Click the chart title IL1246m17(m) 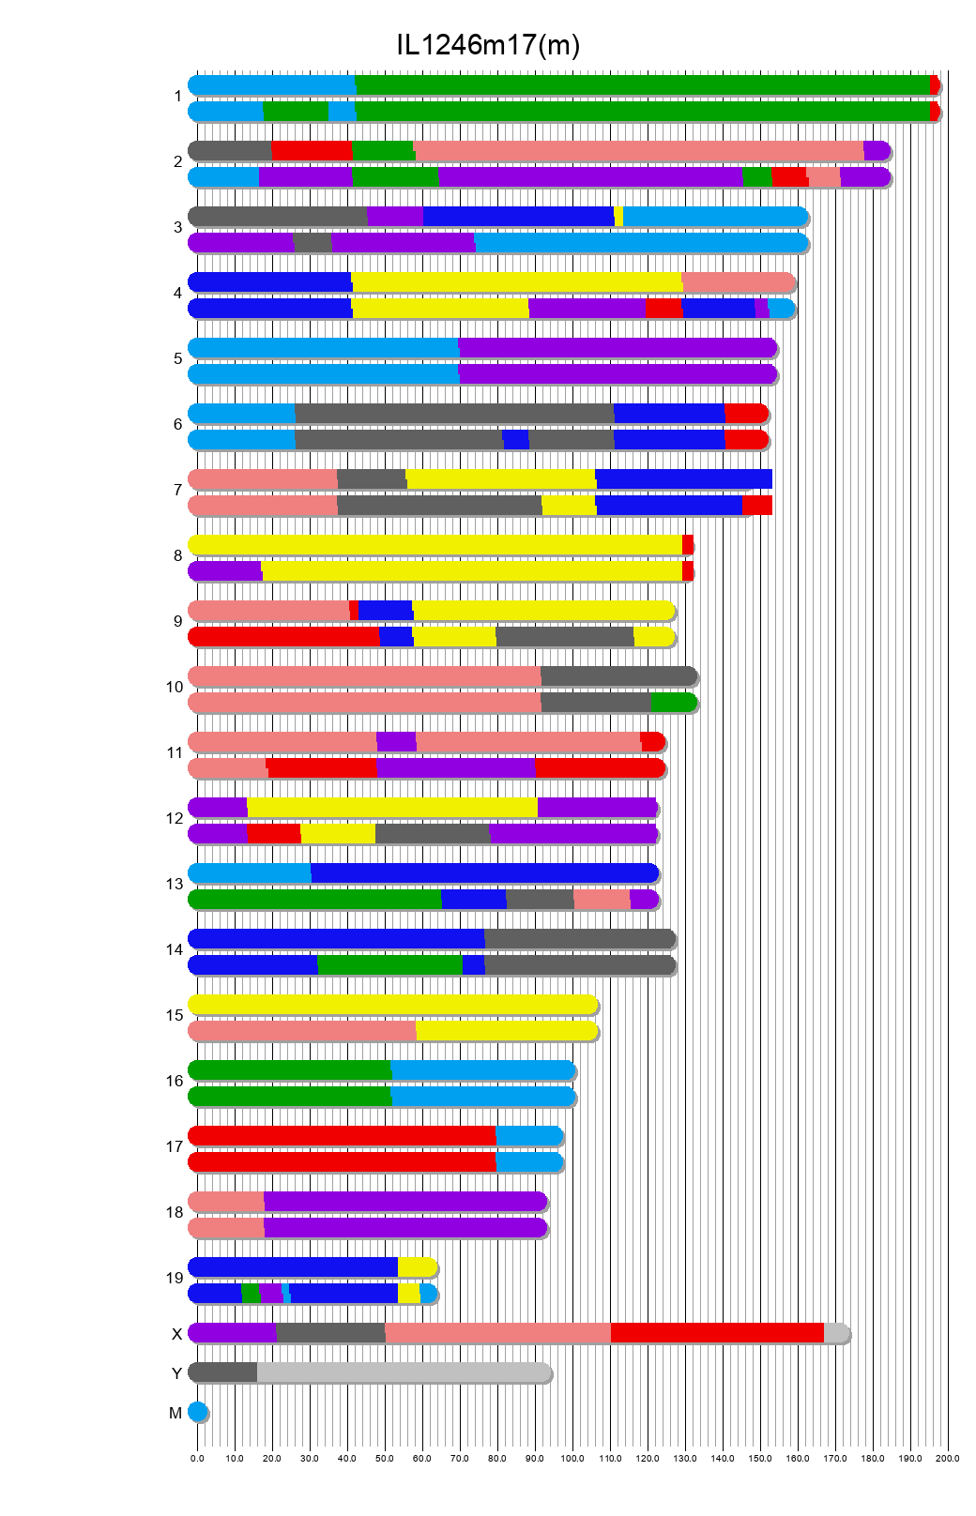[488, 44]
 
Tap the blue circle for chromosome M [197, 1412]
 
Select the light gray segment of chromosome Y [404, 1372]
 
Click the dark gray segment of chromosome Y [223, 1372]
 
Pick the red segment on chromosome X [717, 1333]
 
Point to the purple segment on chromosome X [233, 1333]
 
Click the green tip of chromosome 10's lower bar [672, 703]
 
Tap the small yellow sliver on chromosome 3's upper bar [618, 217]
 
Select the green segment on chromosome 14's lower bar [389, 965]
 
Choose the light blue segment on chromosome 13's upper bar [250, 873]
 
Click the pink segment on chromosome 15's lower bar [302, 1031]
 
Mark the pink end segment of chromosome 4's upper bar [738, 282]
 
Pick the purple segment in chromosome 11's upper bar [396, 742]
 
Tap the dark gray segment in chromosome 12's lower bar [432, 834]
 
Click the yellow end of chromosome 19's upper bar [417, 1267]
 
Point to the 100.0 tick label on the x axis [572, 1458]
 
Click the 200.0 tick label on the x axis [948, 1458]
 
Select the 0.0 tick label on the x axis [197, 1458]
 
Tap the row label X [176, 1334]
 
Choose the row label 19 [175, 1278]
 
